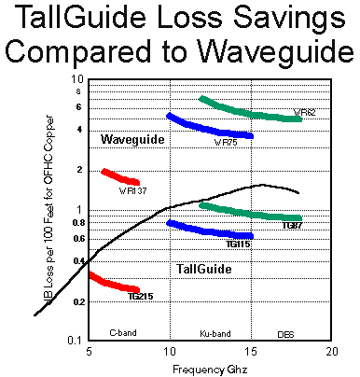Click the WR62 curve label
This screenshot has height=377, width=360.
304,112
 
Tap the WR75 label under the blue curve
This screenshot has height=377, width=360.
226,144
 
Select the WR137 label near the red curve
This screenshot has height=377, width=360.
132,190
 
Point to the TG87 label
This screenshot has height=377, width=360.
291,225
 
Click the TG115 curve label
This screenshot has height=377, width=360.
237,244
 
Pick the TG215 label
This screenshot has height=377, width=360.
140,296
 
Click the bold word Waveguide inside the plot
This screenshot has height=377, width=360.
132,139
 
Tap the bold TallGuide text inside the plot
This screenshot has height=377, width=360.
203,269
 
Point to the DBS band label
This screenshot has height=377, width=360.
286,332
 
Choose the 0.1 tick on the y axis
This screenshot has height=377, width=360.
77,340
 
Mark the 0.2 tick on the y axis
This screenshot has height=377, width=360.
77,301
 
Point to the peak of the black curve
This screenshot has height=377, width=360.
264,185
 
